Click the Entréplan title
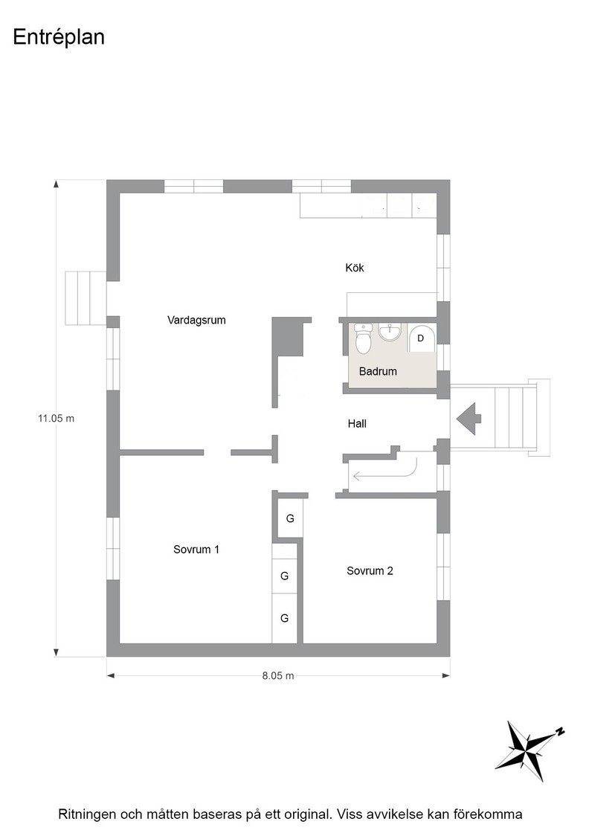(x=59, y=38)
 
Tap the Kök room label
(x=355, y=268)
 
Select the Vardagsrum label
(x=196, y=321)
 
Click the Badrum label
(x=378, y=371)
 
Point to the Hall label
(x=357, y=423)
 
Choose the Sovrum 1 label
(x=196, y=550)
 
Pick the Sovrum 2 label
(x=370, y=570)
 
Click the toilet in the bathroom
(x=363, y=338)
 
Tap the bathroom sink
(x=390, y=333)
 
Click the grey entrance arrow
(x=469, y=419)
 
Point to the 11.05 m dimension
(x=56, y=418)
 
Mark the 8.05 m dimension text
(x=278, y=676)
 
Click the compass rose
(x=528, y=750)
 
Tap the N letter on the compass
(x=560, y=732)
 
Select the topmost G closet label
(x=290, y=518)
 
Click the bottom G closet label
(x=285, y=618)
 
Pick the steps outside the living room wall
(x=86, y=297)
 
